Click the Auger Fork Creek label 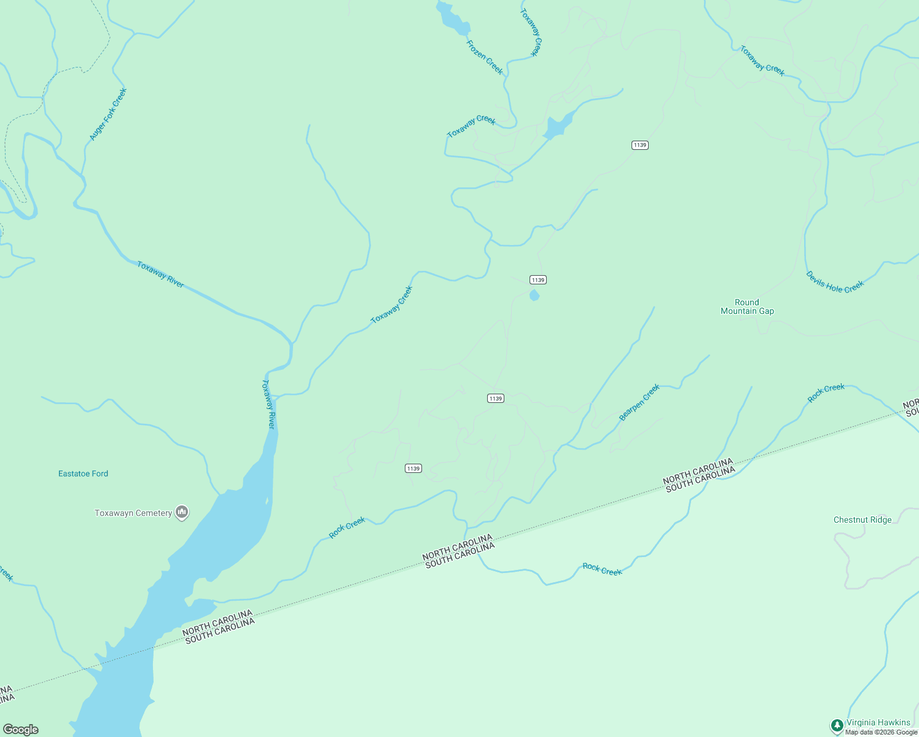[x=108, y=114]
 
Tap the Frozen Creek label [x=485, y=57]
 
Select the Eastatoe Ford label [x=83, y=474]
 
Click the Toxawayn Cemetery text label [x=133, y=513]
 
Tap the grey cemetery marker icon [x=182, y=512]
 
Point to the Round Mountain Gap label [x=747, y=306]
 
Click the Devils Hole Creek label [x=835, y=282]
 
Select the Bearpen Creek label [x=639, y=402]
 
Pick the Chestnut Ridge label [x=862, y=520]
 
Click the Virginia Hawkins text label [x=878, y=722]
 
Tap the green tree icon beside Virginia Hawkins [x=837, y=725]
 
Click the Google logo [x=21, y=729]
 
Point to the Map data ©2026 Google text [x=881, y=732]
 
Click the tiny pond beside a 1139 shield [x=534, y=296]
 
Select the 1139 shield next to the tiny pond [x=538, y=280]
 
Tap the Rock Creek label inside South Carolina [x=602, y=569]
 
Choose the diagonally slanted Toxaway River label [x=160, y=274]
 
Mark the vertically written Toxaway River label [x=268, y=404]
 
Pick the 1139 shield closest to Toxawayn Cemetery [x=413, y=469]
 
